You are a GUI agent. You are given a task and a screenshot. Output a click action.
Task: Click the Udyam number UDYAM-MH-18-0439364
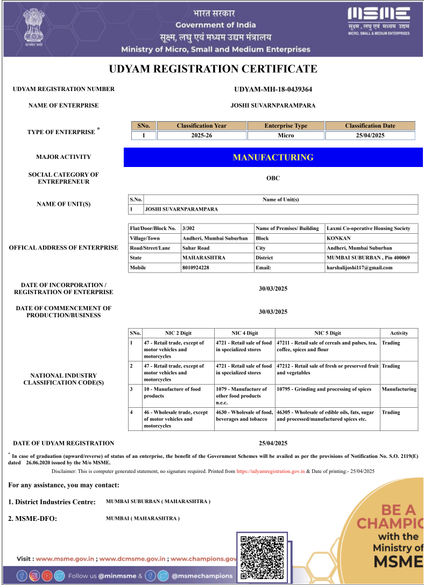(x=273, y=89)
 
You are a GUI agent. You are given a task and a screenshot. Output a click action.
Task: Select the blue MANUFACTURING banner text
(x=273, y=157)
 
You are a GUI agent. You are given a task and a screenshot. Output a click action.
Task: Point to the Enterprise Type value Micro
(x=286, y=135)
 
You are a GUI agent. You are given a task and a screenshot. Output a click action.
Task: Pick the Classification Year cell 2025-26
(x=202, y=135)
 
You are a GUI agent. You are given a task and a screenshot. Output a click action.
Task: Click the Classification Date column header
(x=370, y=126)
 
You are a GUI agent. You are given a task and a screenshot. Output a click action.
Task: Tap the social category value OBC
(x=273, y=178)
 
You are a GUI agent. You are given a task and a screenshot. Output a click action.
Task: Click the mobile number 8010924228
(x=196, y=268)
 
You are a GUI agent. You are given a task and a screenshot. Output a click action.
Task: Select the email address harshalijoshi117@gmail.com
(x=359, y=268)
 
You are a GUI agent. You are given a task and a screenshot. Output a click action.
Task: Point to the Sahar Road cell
(x=196, y=248)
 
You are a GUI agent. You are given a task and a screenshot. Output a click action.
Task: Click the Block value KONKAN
(x=338, y=238)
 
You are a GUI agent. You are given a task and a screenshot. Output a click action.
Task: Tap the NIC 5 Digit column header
(x=328, y=333)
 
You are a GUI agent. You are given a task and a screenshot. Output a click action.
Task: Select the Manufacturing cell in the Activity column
(x=399, y=389)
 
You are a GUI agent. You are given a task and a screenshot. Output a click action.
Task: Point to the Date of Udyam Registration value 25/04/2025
(x=273, y=443)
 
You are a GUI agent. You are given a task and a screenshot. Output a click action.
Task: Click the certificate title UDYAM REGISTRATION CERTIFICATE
(x=213, y=69)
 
